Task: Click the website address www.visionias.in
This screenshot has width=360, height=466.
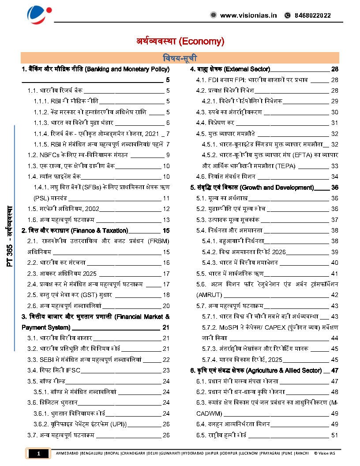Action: click(248, 15)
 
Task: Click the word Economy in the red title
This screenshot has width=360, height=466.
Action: click(201, 41)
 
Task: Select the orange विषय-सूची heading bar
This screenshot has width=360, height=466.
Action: click(180, 58)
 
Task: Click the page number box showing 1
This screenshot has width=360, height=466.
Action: click(38, 453)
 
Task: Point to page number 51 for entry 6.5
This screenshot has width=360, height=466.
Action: click(334, 435)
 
